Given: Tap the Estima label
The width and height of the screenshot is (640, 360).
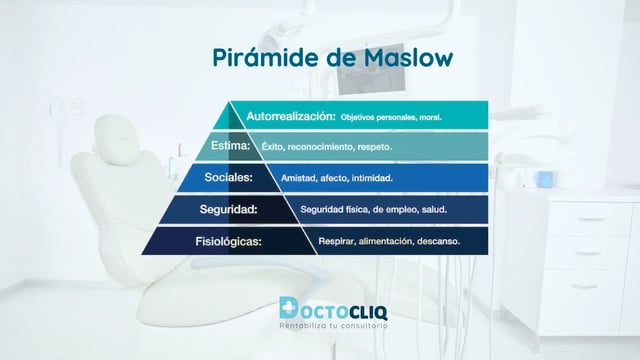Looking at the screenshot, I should [x=232, y=146].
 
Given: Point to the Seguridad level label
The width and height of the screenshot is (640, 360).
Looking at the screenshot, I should [x=229, y=210].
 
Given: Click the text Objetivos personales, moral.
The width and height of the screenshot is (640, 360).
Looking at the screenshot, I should [x=391, y=117].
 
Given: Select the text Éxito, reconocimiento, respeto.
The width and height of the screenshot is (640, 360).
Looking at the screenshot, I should [x=326, y=147].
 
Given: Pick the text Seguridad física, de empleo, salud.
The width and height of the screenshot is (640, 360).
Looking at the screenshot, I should [x=373, y=210].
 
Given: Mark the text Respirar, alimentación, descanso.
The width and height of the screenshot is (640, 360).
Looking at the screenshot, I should [x=389, y=242].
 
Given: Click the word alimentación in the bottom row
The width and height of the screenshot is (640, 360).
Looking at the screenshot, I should [x=385, y=242].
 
